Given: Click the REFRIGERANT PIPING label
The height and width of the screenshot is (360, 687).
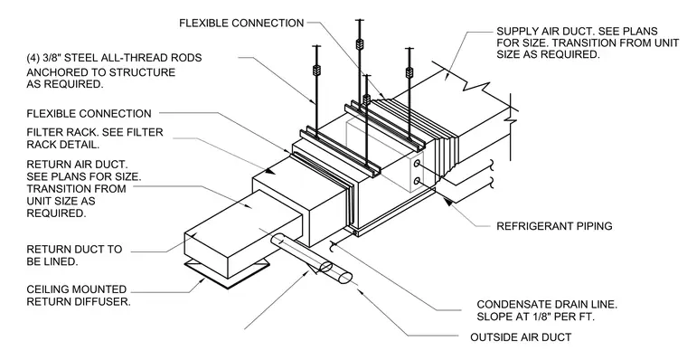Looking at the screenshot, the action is click(554, 226).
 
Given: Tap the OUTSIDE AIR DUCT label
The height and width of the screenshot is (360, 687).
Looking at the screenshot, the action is click(521, 337).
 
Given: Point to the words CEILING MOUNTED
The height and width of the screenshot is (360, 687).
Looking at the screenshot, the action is click(76, 289).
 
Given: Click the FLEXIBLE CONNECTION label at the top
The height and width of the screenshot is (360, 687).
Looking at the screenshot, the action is click(241, 23).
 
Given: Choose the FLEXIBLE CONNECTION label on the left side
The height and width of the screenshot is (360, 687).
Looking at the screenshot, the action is click(89, 114).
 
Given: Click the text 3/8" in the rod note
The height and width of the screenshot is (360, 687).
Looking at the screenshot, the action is click(52, 58).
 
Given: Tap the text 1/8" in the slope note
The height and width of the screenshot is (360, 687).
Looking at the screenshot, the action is click(529, 317).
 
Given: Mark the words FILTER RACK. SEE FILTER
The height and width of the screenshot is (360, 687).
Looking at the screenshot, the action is click(95, 132).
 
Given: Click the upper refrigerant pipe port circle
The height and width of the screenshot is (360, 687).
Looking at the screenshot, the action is click(417, 164).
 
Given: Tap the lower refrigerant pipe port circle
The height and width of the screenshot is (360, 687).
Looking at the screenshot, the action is click(417, 180).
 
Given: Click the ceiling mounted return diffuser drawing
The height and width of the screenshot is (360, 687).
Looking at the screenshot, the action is click(227, 274).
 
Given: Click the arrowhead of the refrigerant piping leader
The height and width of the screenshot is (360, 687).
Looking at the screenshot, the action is click(447, 202).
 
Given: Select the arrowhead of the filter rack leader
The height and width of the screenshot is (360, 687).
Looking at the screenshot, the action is click(271, 171).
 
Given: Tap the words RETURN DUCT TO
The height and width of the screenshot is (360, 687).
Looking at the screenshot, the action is click(74, 250).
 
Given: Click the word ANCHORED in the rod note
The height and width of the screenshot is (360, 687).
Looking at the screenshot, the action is click(54, 72).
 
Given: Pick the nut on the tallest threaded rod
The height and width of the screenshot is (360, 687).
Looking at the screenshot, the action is click(360, 43).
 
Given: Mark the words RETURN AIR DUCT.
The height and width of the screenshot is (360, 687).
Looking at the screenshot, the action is click(77, 165).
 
